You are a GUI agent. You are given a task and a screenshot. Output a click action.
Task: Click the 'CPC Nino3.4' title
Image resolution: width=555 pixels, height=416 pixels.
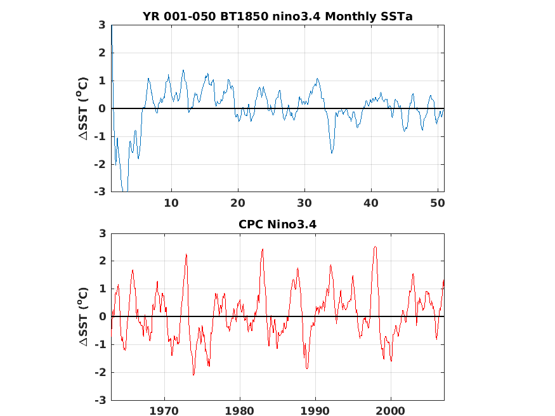coord(277,224)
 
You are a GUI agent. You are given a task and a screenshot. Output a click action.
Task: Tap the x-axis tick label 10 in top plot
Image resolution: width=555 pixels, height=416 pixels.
coord(171,203)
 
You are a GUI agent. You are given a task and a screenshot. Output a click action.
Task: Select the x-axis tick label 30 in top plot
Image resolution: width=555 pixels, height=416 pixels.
coord(304,203)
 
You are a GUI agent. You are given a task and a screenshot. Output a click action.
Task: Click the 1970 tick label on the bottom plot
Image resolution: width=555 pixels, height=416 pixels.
coord(164,411)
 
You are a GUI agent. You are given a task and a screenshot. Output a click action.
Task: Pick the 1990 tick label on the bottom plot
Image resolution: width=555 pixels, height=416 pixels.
coord(315,411)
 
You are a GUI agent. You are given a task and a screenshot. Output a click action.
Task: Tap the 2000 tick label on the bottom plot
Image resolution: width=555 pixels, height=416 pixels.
coord(391,411)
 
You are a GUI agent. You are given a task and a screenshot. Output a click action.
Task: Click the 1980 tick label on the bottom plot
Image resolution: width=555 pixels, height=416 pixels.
coord(240,411)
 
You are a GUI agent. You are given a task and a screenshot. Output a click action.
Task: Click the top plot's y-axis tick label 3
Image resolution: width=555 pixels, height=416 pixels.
coord(101,25)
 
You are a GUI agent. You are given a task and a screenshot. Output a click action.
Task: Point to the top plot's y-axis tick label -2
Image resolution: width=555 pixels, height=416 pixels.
coord(99,164)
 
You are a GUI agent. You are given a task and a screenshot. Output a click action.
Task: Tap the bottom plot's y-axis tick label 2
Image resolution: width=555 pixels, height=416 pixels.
coord(101,261)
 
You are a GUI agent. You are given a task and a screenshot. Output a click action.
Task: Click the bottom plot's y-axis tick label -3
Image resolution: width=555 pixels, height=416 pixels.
coord(99,400)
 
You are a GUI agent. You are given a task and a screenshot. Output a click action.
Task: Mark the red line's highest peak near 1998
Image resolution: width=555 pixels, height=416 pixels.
coord(375,247)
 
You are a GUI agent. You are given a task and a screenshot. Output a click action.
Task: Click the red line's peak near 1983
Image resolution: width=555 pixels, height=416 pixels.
coord(262,249)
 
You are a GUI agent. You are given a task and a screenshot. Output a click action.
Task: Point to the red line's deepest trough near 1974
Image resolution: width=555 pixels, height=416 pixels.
coord(193,375)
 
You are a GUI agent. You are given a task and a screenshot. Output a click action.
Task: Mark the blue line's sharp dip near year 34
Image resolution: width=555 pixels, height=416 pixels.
coord(332,153)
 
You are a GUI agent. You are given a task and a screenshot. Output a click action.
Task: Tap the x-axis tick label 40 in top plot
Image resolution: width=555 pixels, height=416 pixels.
coord(371,203)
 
